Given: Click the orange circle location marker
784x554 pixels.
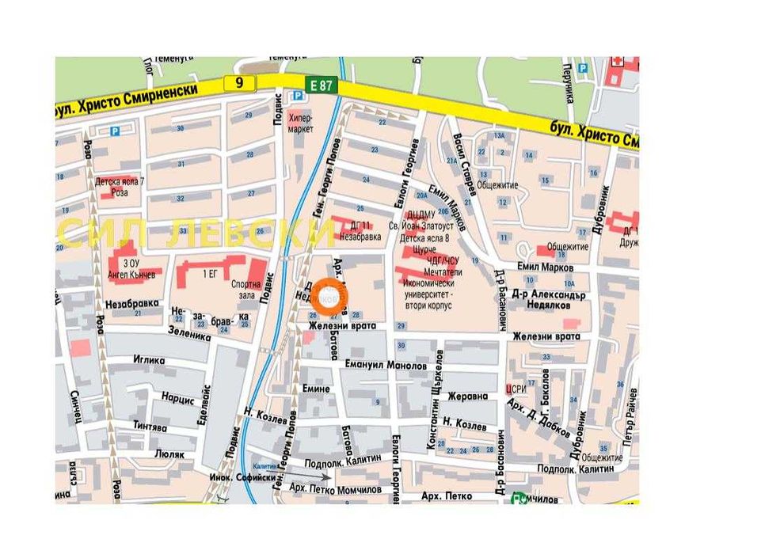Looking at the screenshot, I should click(x=327, y=296).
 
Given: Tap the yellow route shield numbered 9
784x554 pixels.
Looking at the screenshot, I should click(x=239, y=82).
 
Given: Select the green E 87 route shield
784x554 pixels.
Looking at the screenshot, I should click(x=320, y=84).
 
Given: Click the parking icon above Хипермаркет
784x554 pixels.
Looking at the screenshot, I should click(x=298, y=96).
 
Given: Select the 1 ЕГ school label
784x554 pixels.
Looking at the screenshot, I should click(x=210, y=274).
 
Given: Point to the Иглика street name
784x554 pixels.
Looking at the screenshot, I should click(x=149, y=361).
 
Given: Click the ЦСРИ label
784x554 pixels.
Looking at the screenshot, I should click(x=516, y=389).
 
